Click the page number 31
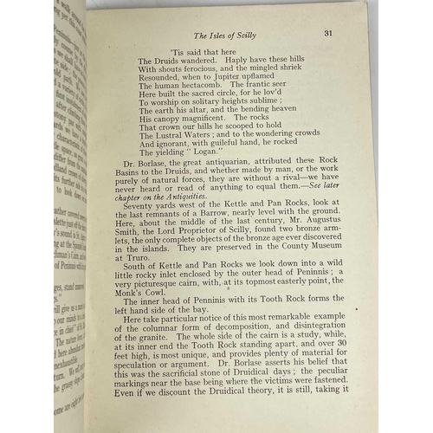329,33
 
